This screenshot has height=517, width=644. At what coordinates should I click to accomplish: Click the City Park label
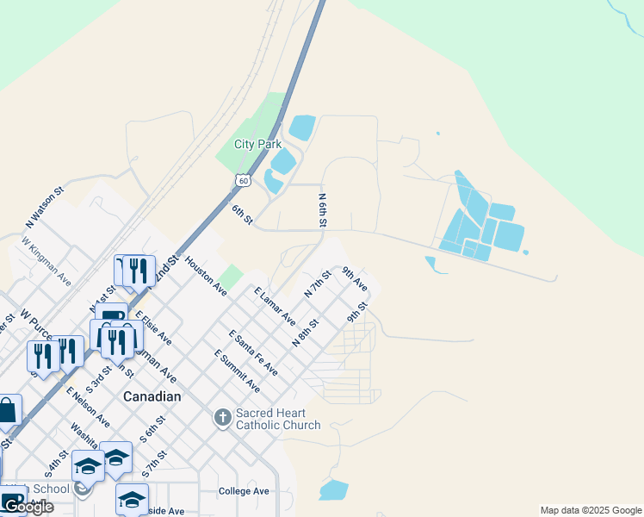[x=257, y=144]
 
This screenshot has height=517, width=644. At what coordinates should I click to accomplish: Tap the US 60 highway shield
[x=245, y=178]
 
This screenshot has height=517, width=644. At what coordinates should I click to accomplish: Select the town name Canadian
[x=152, y=396]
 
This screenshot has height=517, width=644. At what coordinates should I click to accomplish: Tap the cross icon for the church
[x=222, y=419]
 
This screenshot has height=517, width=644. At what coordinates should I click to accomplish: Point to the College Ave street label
[x=244, y=491]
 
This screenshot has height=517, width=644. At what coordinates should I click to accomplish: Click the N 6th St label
[x=323, y=211]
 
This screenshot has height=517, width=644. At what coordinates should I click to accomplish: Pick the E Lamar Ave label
[x=275, y=307]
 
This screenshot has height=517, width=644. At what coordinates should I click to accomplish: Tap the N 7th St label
[x=318, y=284]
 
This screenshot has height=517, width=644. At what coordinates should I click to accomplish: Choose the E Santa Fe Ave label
[x=253, y=352]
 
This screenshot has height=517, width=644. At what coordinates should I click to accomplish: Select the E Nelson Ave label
[x=88, y=408]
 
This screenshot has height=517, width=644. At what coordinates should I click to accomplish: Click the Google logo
[x=28, y=507]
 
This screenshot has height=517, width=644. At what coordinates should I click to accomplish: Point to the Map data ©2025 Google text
[x=591, y=510]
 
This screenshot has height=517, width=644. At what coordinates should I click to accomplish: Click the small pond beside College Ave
[x=333, y=490]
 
